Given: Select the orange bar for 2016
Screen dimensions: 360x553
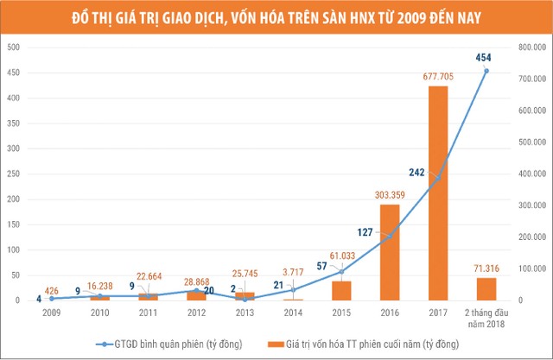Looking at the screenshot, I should click(390, 252).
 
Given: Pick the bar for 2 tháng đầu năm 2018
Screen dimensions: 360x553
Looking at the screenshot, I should click(486, 288).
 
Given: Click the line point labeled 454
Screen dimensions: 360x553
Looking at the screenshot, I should click(486, 71).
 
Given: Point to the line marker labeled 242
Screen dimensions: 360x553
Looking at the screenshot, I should click(438, 178).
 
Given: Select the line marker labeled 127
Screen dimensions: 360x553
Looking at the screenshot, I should click(390, 236).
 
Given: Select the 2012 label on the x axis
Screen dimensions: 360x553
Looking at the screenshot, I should click(196, 313).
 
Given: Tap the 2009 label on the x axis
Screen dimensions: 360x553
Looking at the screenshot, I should click(51, 313).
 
